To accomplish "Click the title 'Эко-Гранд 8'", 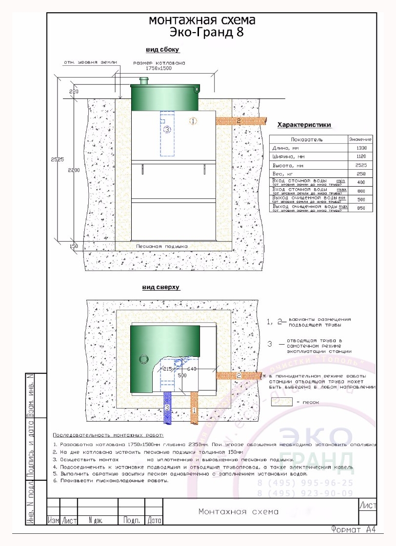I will coord(201,33).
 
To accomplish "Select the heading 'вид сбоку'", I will coord(163,50).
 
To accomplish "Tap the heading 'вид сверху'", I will coord(161,288).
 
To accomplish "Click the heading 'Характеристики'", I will coord(304,125).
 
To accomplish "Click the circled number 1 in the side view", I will coord(193,120).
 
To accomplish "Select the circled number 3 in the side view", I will coord(167,130).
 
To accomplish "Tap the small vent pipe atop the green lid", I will coord(143,80).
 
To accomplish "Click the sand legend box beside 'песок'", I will coord(281,402).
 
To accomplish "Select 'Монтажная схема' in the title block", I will coord(238,511).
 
